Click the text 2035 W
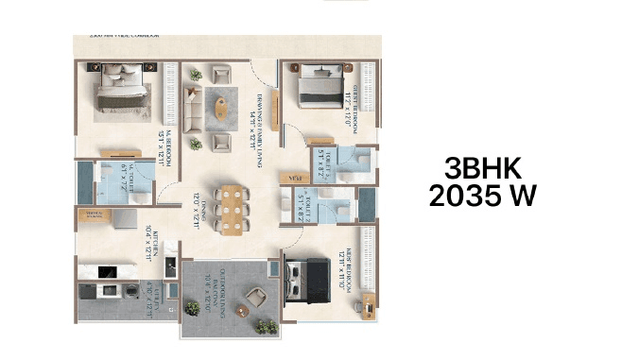click(481, 197)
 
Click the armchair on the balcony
click(256, 301)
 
